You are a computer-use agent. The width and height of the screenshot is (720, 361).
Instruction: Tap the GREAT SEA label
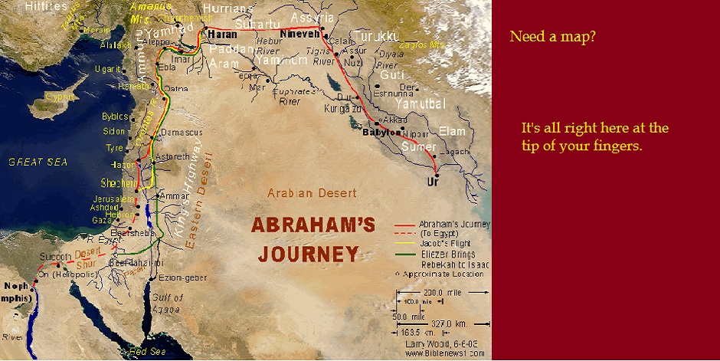38,162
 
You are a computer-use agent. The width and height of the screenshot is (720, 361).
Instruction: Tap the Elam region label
452,131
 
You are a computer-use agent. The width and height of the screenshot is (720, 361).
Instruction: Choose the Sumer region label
419,146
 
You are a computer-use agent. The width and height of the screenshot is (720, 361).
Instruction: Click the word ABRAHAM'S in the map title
303,226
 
